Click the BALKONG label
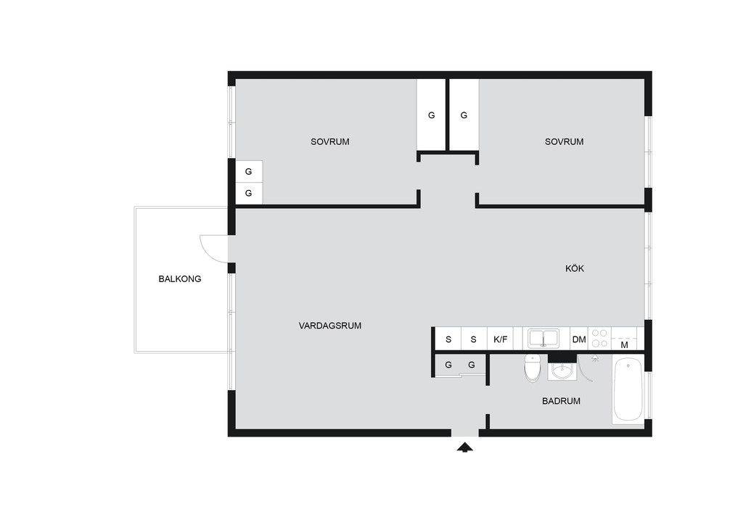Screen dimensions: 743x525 180,279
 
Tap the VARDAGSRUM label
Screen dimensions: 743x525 330,326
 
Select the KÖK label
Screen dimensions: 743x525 575,268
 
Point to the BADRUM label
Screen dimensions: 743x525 561,401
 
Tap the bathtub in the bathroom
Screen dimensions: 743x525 628,390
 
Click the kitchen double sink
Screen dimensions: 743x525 543,339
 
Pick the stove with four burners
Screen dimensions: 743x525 599,339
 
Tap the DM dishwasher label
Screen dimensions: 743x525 579,339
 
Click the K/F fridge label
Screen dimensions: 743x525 501,339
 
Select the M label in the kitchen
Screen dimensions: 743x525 624,345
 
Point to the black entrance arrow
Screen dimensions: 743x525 465,447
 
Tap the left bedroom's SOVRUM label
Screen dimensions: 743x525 330,141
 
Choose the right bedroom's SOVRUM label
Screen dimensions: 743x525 564,141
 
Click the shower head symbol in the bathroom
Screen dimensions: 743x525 595,357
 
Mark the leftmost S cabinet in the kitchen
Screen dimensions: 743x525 448,339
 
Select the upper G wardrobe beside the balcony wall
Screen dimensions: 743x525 249,171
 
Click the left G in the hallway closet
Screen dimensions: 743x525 448,365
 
